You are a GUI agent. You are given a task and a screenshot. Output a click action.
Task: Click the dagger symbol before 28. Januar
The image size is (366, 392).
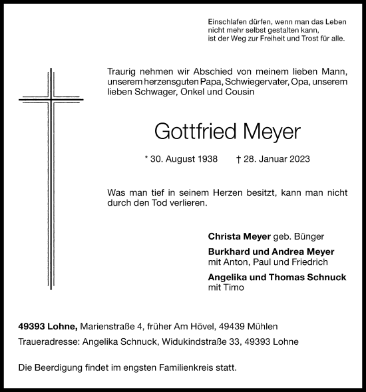tap(238, 160)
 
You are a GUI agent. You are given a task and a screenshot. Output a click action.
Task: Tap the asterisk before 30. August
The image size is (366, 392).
tap(145, 160)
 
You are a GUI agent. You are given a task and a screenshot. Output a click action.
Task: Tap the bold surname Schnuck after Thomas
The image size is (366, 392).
tap(325, 277)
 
